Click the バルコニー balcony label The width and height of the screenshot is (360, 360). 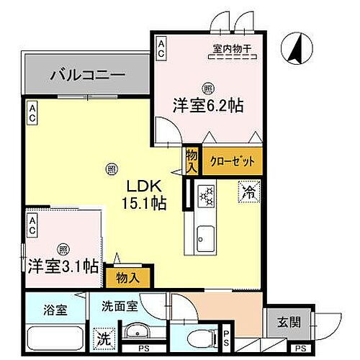point(88,75)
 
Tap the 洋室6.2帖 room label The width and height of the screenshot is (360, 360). point(207,105)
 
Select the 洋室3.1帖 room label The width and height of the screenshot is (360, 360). point(63,266)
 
